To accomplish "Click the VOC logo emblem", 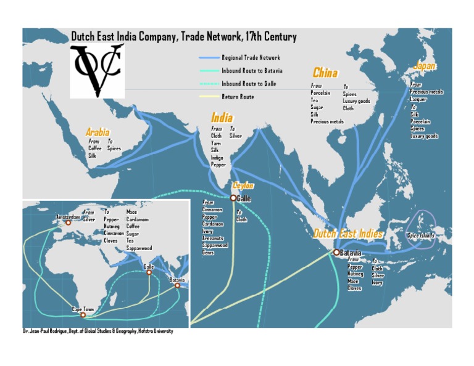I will coord(97,71).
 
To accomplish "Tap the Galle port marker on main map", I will coord(233,198).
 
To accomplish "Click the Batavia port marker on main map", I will coord(336,252).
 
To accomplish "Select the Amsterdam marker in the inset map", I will coord(69,222).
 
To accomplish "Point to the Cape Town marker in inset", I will coord(83,315).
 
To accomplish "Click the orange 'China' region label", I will coord(325,73).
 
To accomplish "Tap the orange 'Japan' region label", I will coord(424,66).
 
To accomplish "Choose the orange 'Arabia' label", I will coord(98,132).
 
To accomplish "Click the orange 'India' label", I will coord(222,117).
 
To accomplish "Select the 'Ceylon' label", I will coord(243,185).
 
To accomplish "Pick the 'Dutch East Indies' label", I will coord(347,234).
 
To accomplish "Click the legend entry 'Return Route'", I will coord(238,97).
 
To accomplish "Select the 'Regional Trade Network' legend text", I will coord(251,57).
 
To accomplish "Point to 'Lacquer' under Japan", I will coord(419,99).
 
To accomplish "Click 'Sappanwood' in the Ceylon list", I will coord(215,245).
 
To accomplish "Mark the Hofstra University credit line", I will coord(98,331).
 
